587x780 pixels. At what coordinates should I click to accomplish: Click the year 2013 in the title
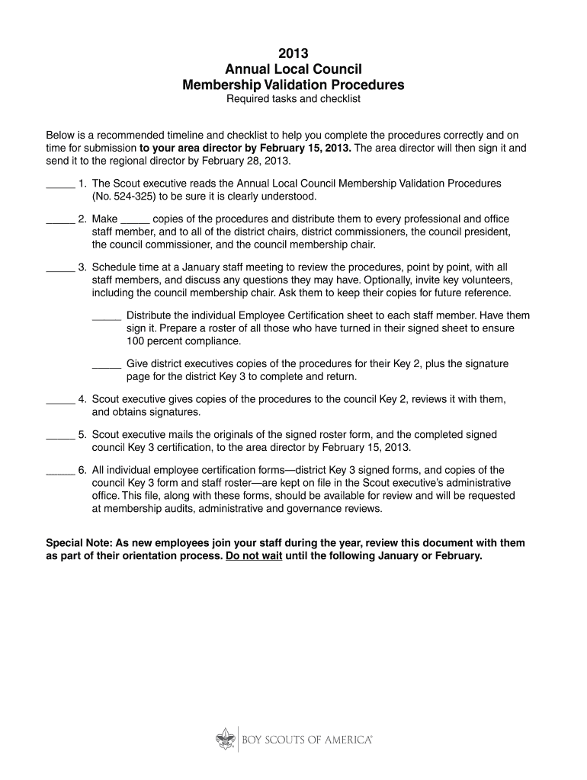point(293,53)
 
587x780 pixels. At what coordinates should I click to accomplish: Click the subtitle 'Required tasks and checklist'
point(293,99)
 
